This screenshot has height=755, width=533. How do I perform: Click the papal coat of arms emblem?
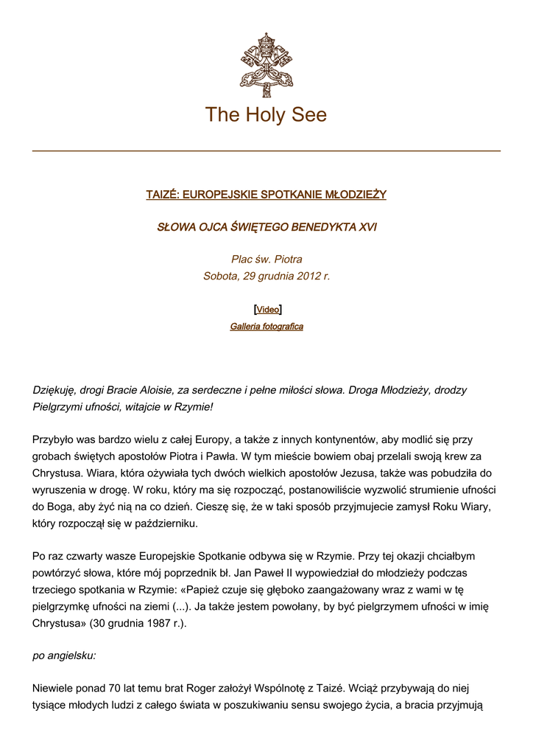click(266, 65)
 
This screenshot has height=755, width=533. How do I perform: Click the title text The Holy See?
click(266, 115)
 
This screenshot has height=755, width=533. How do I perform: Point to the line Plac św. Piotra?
click(266, 260)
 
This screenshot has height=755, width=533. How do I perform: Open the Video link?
click(267, 310)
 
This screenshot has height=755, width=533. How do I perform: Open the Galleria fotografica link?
click(266, 327)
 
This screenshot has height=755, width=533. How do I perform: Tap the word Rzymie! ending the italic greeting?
click(194, 407)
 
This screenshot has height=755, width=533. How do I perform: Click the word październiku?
click(166, 524)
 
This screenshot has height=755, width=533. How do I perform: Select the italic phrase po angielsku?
click(65, 655)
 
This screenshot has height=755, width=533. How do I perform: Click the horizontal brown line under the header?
click(266, 151)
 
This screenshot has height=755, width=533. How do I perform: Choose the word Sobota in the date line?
click(220, 276)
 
